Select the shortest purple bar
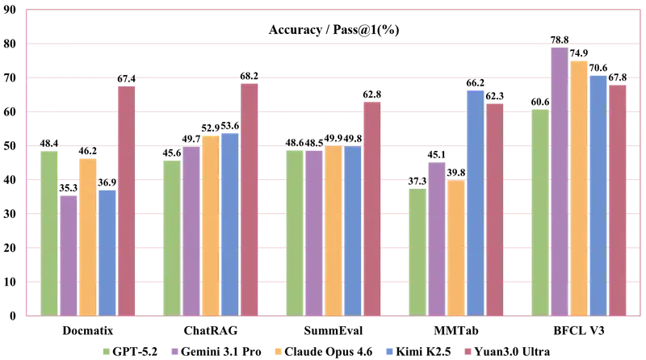pos(69,254)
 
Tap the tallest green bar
pos(539,211)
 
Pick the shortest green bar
pos(417,250)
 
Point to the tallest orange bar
pos(579,186)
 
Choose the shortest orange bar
pos(455,246)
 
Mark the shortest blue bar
pos(107,251)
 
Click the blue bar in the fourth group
pos(475,202)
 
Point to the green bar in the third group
pos(294,231)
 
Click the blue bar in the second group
pos(229,223)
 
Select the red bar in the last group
pos(618,199)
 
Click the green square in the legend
pos(103,350)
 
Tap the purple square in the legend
pos(174,350)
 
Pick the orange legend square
pos(279,350)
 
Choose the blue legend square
pos(388,350)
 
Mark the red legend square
pos(466,350)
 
